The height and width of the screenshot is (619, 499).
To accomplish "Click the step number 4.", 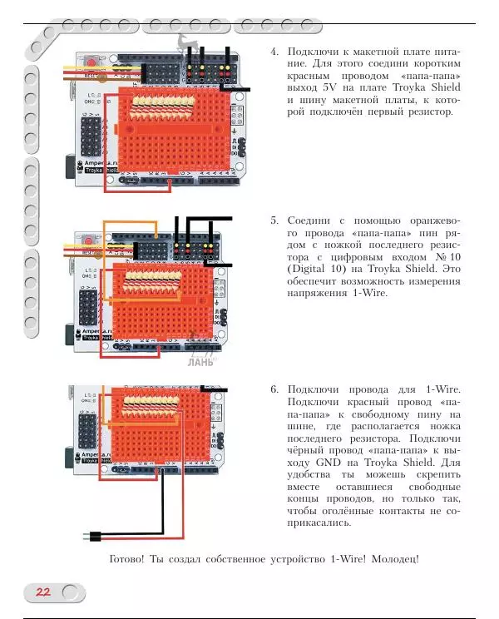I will (x=274, y=52).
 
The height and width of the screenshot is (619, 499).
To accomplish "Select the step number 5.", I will (x=274, y=221).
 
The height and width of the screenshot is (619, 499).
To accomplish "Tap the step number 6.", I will (x=274, y=389).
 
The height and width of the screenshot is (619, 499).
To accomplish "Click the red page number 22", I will (x=42, y=592).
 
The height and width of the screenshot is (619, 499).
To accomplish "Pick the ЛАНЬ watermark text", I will (x=200, y=362).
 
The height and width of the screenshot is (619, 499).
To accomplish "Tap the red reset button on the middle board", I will (x=88, y=242).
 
